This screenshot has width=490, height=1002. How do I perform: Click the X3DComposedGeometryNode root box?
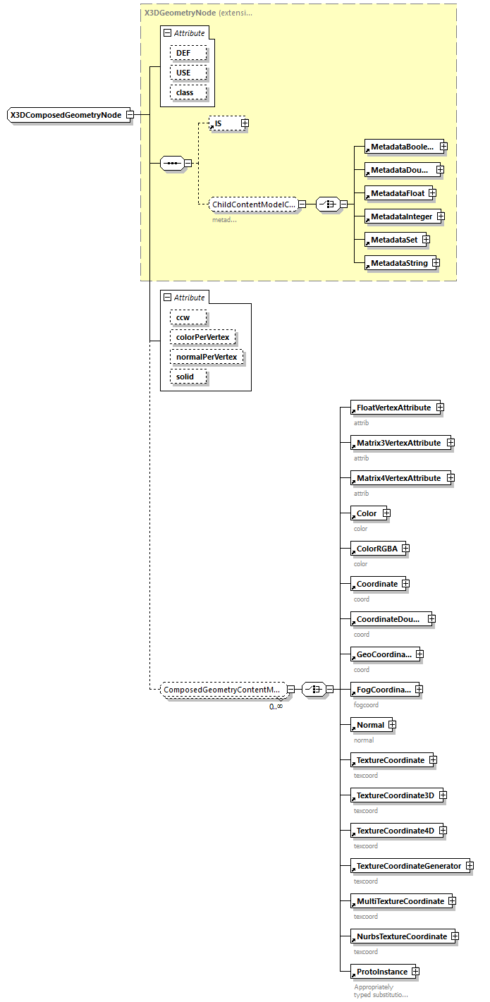[x=66, y=115]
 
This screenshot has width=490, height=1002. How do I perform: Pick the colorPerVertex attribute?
[x=202, y=337]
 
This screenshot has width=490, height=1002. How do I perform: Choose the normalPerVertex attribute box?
[x=207, y=357]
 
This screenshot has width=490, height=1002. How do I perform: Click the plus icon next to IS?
[x=245, y=123]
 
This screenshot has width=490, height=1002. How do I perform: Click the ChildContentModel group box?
[x=253, y=204]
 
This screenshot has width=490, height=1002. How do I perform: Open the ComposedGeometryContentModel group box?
[x=222, y=690]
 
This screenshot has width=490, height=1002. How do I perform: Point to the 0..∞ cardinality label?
[x=276, y=707]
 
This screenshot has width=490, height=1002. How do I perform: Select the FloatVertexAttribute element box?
[x=393, y=408]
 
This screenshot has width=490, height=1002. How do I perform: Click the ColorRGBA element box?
[x=376, y=549]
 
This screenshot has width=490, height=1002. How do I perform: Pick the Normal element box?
[x=370, y=725]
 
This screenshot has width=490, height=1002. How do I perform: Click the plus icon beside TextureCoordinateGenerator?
[x=470, y=866]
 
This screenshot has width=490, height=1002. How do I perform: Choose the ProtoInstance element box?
[x=381, y=972]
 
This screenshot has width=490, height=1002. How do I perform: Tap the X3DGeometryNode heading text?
[x=178, y=13]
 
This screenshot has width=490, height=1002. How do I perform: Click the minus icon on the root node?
[x=130, y=115]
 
